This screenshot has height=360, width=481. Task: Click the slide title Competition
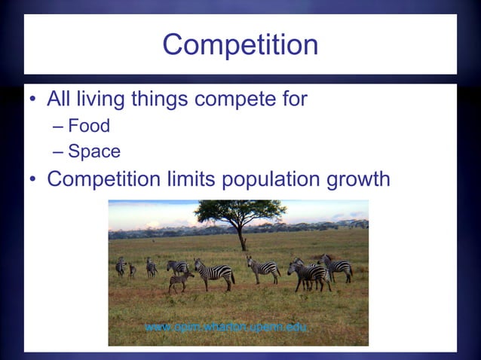pos(240,45)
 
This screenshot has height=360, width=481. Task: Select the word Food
pos(89,126)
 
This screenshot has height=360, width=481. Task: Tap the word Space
pos(94,151)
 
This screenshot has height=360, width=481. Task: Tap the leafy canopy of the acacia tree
pos(240,212)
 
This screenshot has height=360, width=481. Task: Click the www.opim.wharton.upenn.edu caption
pos(227,328)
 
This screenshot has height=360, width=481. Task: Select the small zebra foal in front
pos(180,281)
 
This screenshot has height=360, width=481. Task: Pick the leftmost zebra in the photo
pos(121,266)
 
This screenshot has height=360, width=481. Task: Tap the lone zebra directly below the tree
pos(262,267)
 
